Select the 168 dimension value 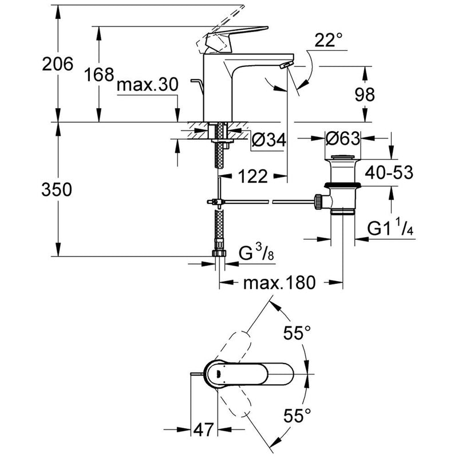point(98,74)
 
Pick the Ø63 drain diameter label point(342,139)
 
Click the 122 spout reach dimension point(252,177)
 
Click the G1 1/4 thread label point(390,228)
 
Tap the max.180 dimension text point(279,283)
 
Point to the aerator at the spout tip point(283,68)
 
